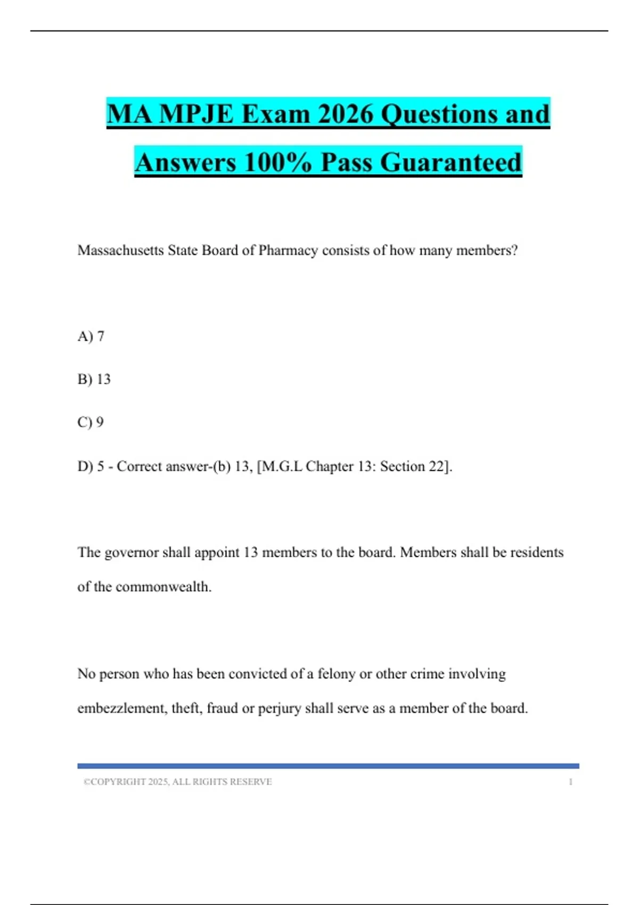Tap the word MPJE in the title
pyautogui.click(x=196, y=114)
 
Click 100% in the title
pyautogui.click(x=277, y=162)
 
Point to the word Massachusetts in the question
pyautogui.click(x=120, y=250)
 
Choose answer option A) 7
pyautogui.click(x=91, y=336)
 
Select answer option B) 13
pyautogui.click(x=94, y=380)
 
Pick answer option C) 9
pyautogui.click(x=91, y=423)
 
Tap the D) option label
pyautogui.click(x=85, y=467)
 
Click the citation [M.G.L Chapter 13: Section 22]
pyautogui.click(x=354, y=467)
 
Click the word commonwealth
pyautogui.click(x=163, y=587)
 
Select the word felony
pyautogui.click(x=336, y=674)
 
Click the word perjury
pyautogui.click(x=280, y=709)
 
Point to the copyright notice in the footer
pyautogui.click(x=178, y=782)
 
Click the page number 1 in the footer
pyautogui.click(x=570, y=782)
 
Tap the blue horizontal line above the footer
pyautogui.click(x=328, y=766)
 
